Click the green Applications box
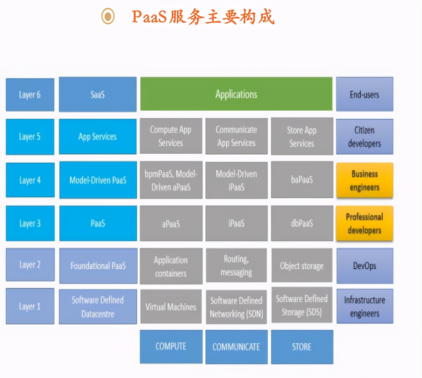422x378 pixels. coord(236,94)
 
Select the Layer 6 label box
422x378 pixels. coord(30,94)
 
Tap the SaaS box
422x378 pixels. coord(98,94)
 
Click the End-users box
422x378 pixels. coord(364,94)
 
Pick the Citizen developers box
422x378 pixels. coord(364,137)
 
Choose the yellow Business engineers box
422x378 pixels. coord(364,180)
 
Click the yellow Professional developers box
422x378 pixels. coord(364,223)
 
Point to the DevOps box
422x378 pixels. coord(364,266)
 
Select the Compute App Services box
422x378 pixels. coord(171,136)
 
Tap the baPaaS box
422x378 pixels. coord(302,180)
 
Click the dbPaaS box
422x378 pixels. coord(302,223)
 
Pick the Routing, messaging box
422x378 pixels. coord(236,266)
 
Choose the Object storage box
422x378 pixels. coord(302,266)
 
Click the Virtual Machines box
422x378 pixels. coord(171,307)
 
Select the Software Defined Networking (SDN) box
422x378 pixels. coord(236,307)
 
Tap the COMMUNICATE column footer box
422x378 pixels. coord(236,347)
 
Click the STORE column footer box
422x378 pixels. coord(302,347)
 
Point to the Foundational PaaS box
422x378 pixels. coord(98,266)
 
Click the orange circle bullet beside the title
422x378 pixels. coord(108,16)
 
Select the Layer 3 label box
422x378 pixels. coord(30,223)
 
